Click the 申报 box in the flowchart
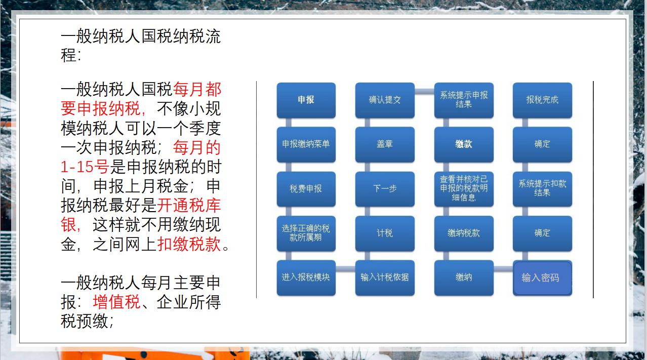point(306,100)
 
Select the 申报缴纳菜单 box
point(306,144)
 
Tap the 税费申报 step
point(306,189)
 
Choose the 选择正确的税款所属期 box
point(306,233)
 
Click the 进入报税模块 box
point(306,277)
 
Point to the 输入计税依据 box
point(385,277)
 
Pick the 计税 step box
point(385,233)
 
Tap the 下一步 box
point(385,189)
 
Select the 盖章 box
point(385,144)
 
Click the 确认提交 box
point(385,100)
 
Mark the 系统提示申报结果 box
point(464,100)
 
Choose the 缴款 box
point(464,144)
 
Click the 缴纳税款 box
point(464,233)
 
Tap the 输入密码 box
point(542,277)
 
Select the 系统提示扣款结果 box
point(542,189)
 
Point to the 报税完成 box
point(542,100)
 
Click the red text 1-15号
point(85,167)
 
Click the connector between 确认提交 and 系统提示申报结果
point(424,92)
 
